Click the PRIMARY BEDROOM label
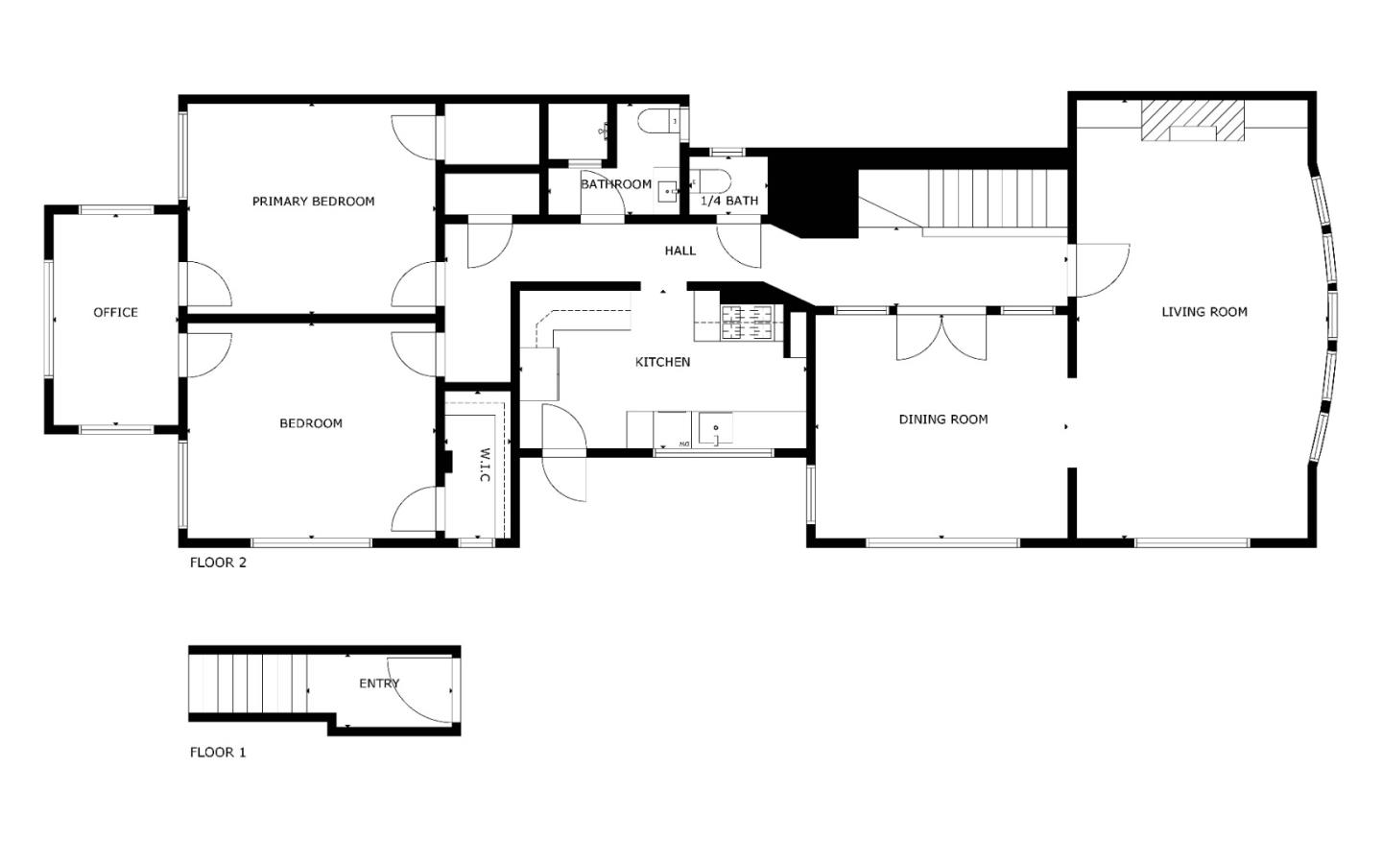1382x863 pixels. [x=313, y=202]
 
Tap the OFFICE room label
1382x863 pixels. [x=115, y=313]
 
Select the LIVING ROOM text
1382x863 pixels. [x=1203, y=312]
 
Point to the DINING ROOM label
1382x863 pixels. [x=942, y=420]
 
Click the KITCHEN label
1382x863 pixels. [x=662, y=363]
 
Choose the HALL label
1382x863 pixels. [x=679, y=252]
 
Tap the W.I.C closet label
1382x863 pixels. [x=485, y=465]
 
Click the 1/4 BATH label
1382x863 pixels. [x=729, y=202]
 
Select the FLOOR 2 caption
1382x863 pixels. [x=218, y=563]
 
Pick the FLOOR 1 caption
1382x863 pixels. [x=218, y=753]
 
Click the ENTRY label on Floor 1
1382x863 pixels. [x=379, y=684]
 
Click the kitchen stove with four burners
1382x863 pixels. [x=748, y=322]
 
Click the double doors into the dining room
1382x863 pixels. [x=941, y=336]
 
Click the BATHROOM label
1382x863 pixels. [x=615, y=184]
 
